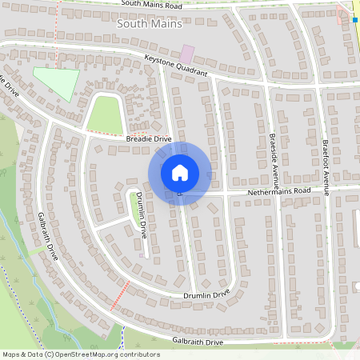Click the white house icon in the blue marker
180,173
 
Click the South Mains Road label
151,5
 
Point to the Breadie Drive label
149,139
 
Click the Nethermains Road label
278,191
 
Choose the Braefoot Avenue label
326,167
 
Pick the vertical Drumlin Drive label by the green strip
142,215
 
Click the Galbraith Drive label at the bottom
198,342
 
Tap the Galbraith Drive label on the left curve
48,236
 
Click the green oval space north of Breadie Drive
103,115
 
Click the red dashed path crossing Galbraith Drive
120,294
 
